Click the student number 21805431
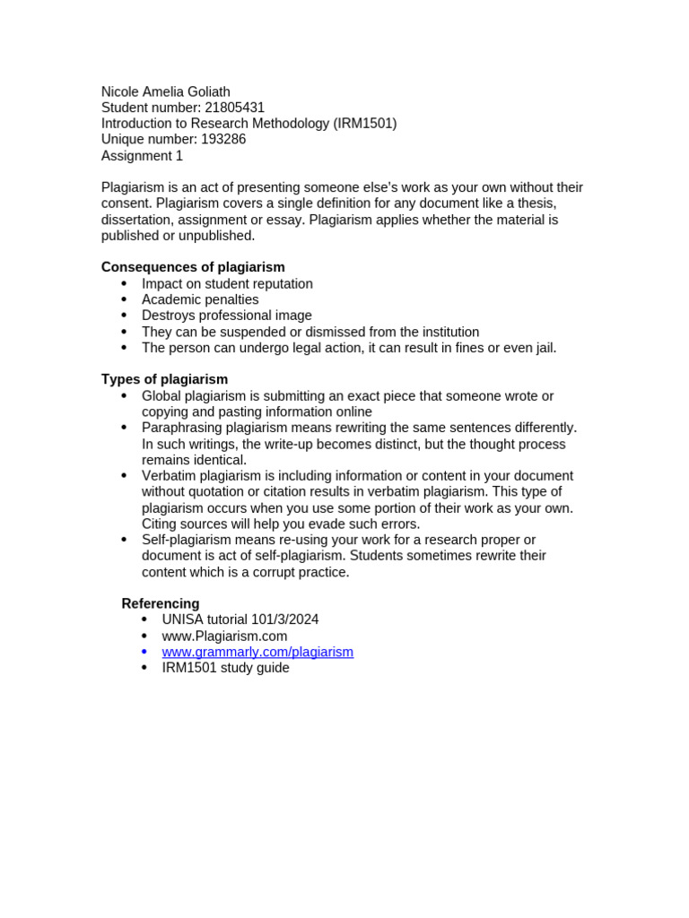coord(234,108)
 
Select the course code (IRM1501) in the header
coord(365,124)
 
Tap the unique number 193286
coord(223,140)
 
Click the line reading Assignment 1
coord(142,156)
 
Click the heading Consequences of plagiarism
coord(193,267)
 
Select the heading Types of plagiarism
coord(164,379)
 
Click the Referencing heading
coord(161,603)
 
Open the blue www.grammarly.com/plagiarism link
coord(257,652)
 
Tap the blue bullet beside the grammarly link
coord(144,652)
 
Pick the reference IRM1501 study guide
coord(225,668)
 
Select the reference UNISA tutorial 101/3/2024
coord(240,619)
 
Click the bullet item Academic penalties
coord(200,299)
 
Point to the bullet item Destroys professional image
coord(227,316)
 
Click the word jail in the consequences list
coord(543,348)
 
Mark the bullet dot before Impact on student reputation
coord(124,284)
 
